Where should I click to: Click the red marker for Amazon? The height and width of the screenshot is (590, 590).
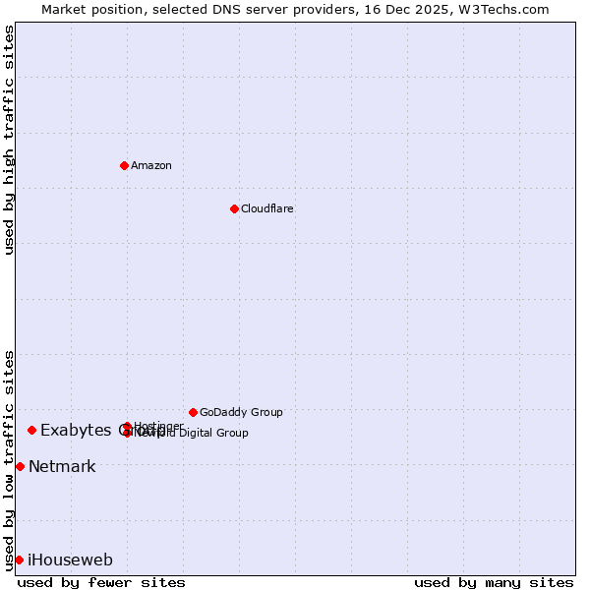coord(124,165)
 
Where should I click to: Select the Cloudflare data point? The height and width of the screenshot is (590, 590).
coord(234,208)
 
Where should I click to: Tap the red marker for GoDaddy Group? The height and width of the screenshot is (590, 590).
coord(193,412)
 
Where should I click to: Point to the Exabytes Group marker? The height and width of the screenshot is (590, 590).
coord(31,430)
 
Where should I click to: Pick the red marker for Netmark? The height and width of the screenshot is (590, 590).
coord(20,466)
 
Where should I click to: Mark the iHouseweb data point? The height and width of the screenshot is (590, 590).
coord(19,560)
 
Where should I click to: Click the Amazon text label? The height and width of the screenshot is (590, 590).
coord(151,166)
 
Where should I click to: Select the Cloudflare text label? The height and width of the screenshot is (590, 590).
coord(267,209)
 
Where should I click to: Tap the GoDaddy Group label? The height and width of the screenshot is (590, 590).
coord(241,413)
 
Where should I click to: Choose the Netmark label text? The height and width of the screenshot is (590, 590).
coord(62,467)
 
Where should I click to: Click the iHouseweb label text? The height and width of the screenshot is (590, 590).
coord(70,560)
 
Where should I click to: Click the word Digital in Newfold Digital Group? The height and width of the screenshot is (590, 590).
coord(199,433)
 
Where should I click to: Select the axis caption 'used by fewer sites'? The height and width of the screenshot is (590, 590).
coord(101,582)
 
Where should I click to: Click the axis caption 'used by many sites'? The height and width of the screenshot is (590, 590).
coord(494,582)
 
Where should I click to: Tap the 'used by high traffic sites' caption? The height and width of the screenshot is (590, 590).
coord(10,140)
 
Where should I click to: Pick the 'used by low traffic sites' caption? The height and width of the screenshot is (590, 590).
coord(10,459)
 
